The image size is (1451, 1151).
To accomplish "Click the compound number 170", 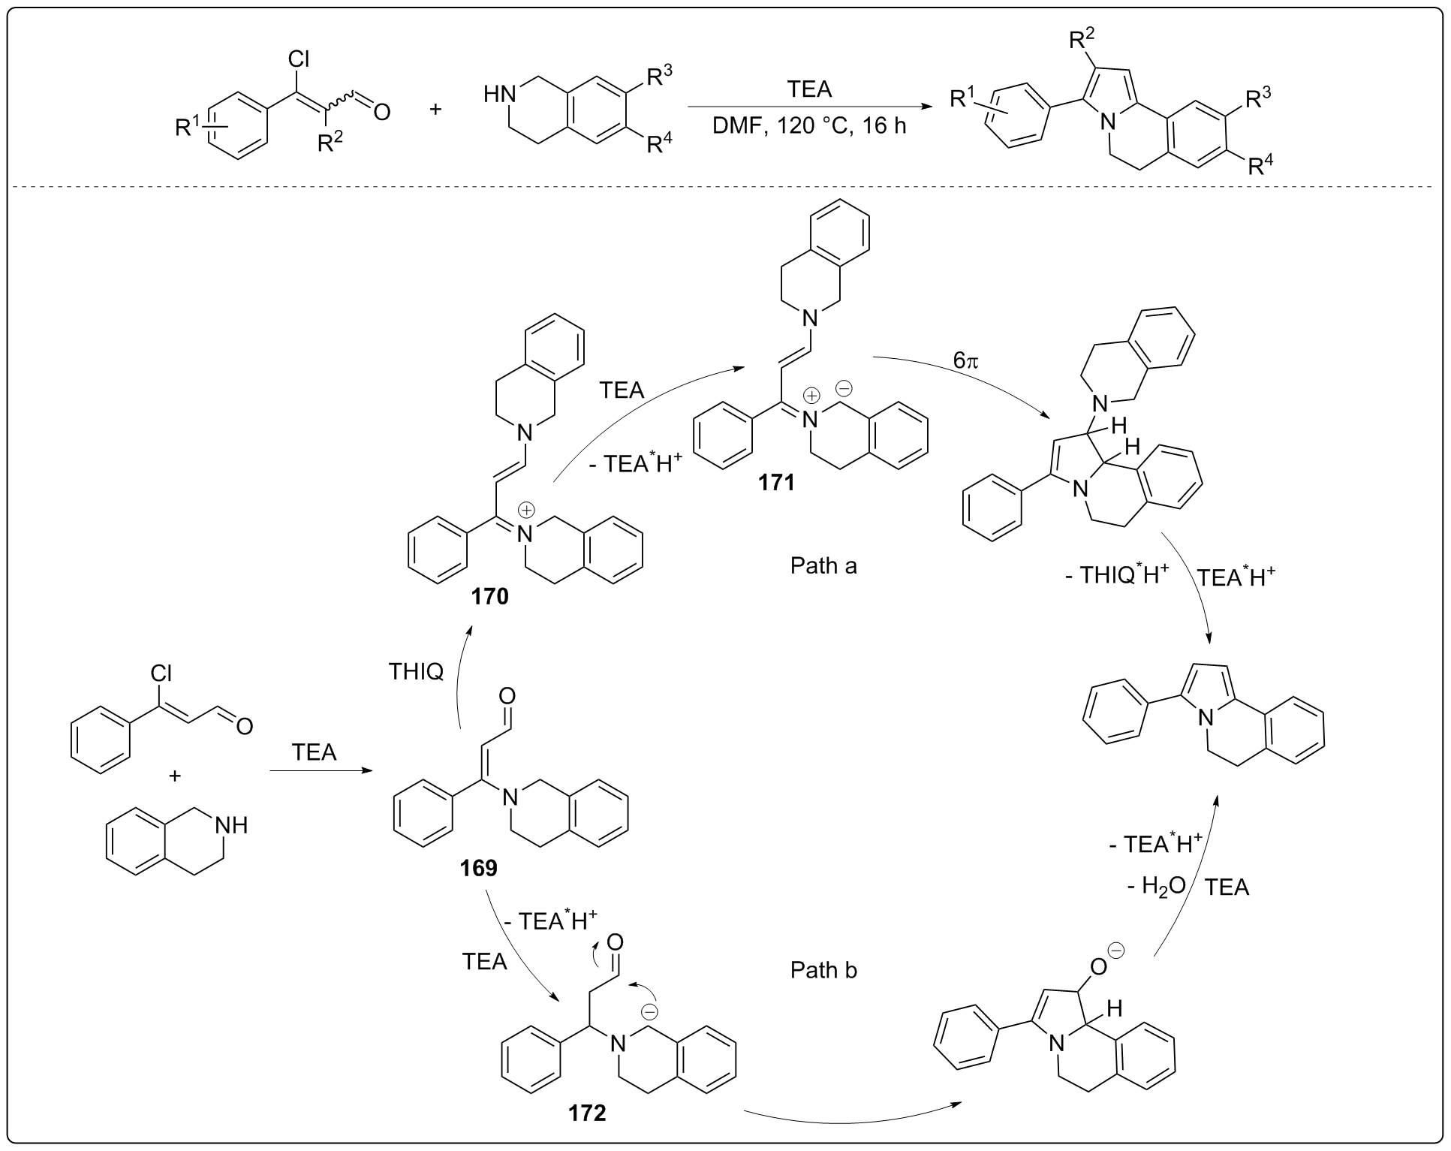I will [489, 597].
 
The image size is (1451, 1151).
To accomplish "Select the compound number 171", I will [776, 481].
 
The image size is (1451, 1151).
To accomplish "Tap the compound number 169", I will [478, 868].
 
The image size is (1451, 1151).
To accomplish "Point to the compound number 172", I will [586, 1112].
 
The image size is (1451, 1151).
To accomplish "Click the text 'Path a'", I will [823, 565].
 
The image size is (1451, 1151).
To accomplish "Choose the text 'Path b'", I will [823, 970].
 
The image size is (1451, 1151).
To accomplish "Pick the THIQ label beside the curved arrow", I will [416, 671].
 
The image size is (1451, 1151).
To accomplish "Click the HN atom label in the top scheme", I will [500, 95].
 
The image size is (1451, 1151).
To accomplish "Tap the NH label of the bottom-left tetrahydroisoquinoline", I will [230, 826].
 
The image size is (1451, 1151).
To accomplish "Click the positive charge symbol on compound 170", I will [527, 511].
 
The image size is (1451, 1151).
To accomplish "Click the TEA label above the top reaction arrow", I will [809, 89].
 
